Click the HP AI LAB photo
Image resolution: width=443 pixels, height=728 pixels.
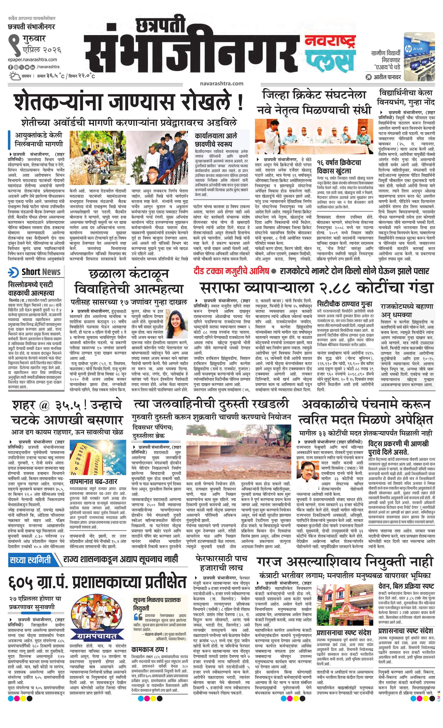tap(419, 56)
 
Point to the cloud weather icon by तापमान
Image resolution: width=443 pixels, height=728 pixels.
tap(14, 76)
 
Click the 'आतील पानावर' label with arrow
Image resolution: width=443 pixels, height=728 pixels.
tap(383, 77)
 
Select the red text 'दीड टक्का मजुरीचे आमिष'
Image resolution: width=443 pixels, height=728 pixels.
tap(231, 271)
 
